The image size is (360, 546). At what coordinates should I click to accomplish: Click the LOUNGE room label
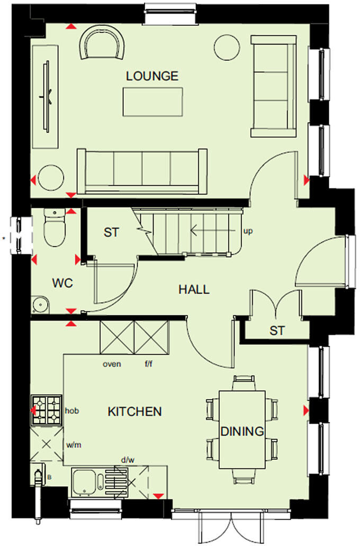pyautogui.click(x=152, y=76)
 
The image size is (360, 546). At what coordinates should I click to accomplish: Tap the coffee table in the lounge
pyautogui.click(x=152, y=102)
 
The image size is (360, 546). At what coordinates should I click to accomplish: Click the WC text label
pyautogui.click(x=62, y=283)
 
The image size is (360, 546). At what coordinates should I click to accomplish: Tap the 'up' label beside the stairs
pyautogui.click(x=247, y=231)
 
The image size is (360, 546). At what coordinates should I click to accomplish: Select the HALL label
pyautogui.click(x=193, y=289)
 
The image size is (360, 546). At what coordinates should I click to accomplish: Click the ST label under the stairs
pyautogui.click(x=111, y=232)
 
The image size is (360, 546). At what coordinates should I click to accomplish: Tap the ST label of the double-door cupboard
pyautogui.click(x=277, y=331)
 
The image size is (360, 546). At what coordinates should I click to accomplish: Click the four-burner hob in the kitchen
pyautogui.click(x=47, y=410)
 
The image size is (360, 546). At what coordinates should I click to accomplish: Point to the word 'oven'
pyautogui.click(x=112, y=364)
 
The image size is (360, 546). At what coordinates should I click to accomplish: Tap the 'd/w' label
pyautogui.click(x=128, y=461)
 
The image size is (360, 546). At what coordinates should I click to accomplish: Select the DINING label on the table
pyautogui.click(x=242, y=431)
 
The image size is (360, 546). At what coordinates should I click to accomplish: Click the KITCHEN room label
pyautogui.click(x=134, y=411)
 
